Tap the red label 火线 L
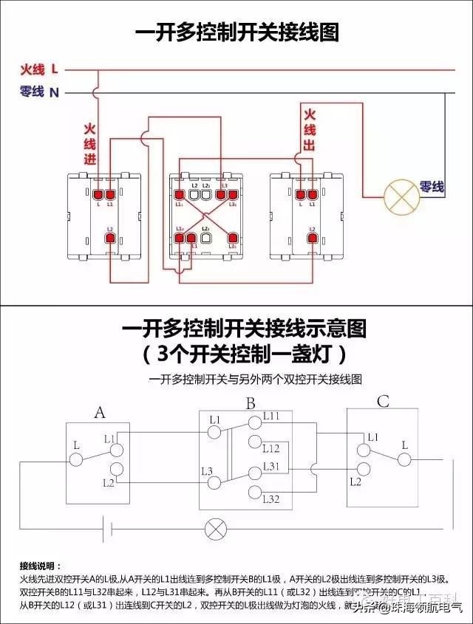[x=39, y=69]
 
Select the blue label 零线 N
[x=39, y=92]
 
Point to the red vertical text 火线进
[x=90, y=144]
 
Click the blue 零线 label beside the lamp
[x=432, y=187]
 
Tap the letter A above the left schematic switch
[x=99, y=412]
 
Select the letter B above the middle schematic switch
[x=251, y=404]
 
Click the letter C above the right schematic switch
[x=383, y=402]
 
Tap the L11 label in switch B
[x=271, y=417]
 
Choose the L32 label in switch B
[x=271, y=500]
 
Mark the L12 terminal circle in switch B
[x=255, y=442]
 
